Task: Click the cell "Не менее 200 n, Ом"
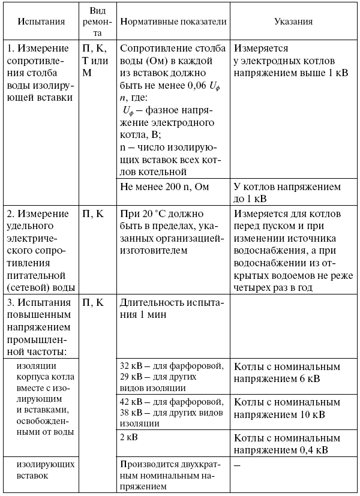164,187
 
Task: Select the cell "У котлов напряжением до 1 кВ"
287,192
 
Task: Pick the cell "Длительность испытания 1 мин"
171,309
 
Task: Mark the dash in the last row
238,465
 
